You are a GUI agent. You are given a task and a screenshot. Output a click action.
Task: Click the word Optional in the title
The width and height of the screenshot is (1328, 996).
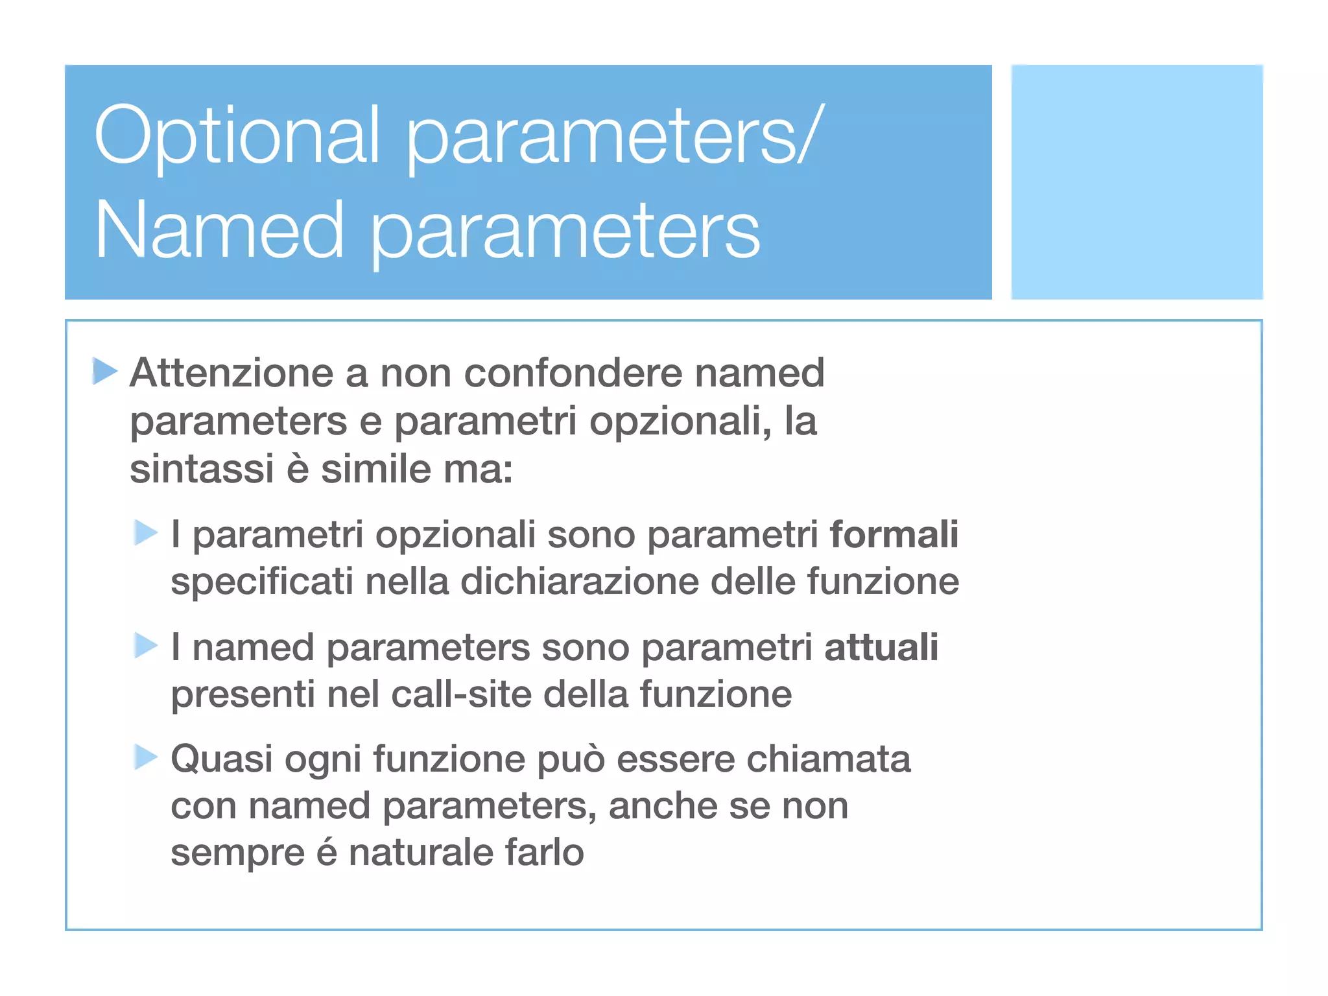[237, 136]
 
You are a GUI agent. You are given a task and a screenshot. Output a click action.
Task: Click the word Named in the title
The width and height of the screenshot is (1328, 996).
[219, 230]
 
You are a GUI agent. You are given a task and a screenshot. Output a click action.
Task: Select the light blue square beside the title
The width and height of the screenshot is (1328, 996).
[1137, 182]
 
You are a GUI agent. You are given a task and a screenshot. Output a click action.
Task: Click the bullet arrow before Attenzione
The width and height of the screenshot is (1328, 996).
[104, 371]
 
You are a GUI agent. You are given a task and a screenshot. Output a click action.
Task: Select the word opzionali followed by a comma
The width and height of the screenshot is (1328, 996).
[680, 421]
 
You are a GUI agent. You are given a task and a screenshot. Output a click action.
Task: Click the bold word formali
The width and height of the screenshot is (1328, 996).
[894, 534]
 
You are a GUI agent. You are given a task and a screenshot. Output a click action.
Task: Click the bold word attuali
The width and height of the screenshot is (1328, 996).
[881, 647]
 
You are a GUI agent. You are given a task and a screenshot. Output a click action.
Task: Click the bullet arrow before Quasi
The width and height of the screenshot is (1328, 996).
[146, 757]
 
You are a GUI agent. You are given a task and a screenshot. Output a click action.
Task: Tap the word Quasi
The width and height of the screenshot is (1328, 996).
[221, 759]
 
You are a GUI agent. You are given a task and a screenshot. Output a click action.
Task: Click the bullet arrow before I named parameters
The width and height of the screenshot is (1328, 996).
[146, 645]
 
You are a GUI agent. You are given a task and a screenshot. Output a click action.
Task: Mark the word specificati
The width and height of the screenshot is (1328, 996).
[262, 581]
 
